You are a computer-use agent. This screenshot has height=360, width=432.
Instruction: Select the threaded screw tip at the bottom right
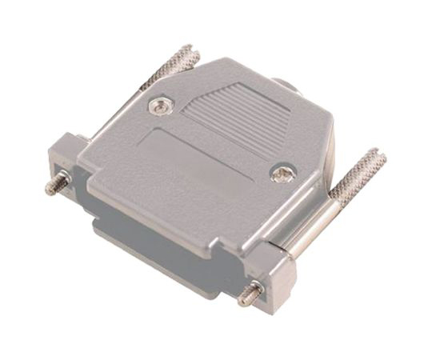(250, 294)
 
